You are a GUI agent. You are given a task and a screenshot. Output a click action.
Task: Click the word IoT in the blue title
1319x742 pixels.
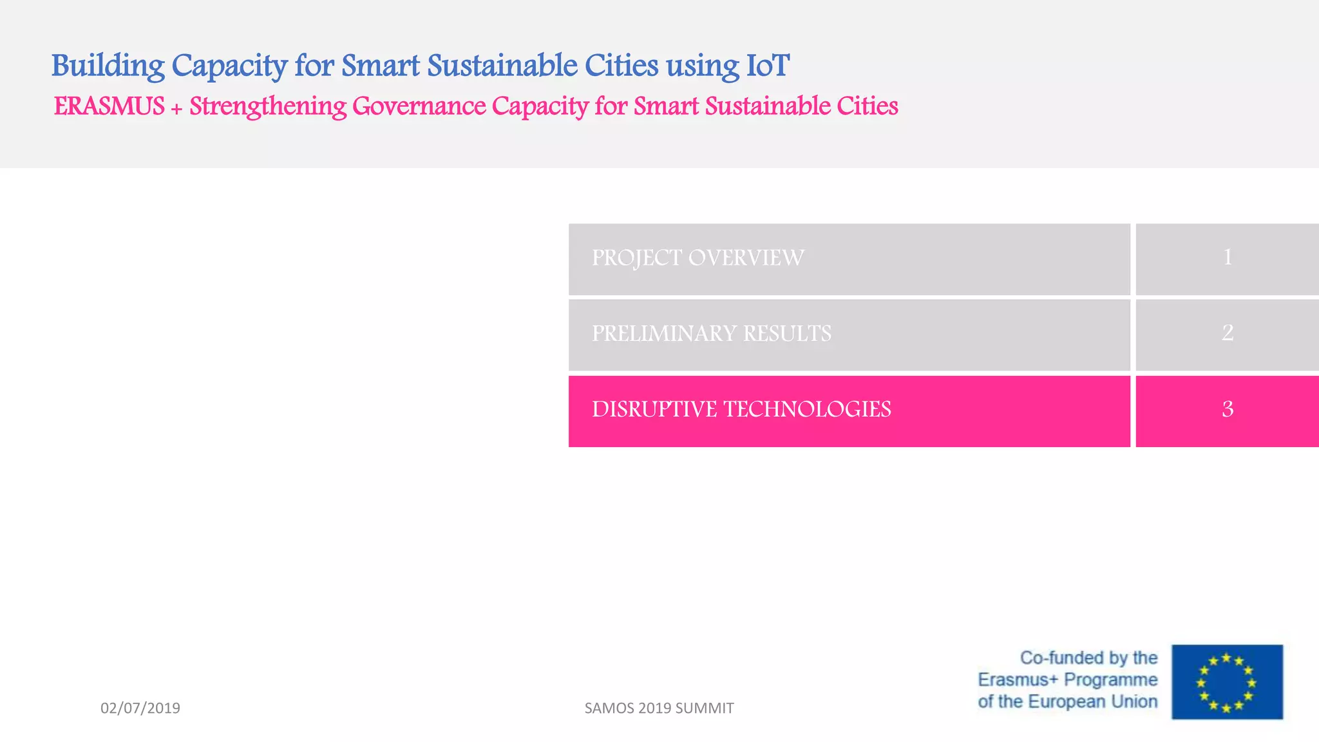tap(768, 66)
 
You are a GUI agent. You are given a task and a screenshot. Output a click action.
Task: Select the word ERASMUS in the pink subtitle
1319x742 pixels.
tap(109, 106)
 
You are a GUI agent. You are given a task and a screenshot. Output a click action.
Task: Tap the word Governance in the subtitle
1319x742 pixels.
tap(419, 106)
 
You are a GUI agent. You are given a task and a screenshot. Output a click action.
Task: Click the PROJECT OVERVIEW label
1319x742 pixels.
tap(697, 258)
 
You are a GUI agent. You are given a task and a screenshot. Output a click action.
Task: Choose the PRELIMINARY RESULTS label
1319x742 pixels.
tap(711, 334)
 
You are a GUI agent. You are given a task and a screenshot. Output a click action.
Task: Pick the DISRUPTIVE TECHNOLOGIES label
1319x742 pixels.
tap(741, 410)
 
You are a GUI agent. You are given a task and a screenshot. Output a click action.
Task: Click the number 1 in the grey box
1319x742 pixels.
tap(1228, 258)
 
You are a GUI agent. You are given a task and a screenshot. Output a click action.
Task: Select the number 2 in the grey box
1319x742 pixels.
tap(1228, 333)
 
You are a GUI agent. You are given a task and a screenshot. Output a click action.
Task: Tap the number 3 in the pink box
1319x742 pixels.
tap(1228, 409)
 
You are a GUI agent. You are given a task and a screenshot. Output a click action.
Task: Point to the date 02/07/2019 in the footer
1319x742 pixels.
tap(140, 708)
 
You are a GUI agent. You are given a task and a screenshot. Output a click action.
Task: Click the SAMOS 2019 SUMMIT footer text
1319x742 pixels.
tap(659, 708)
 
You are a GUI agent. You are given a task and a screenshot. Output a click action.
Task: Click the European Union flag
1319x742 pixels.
tap(1227, 681)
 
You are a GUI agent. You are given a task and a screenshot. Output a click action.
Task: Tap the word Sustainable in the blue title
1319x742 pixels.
tap(502, 66)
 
